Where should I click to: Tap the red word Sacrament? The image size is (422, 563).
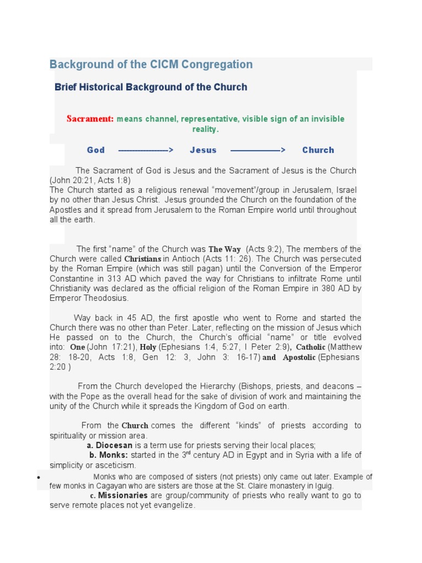[90, 119]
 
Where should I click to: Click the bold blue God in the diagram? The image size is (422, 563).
[96, 150]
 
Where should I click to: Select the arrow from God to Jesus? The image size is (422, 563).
[146, 150]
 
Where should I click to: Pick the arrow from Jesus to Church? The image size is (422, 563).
[258, 150]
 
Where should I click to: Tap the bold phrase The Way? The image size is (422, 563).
[225, 250]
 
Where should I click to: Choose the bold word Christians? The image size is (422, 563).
[143, 259]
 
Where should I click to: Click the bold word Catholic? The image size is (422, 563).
[311, 347]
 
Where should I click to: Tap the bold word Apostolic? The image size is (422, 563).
[299, 357]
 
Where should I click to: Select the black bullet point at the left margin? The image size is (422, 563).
[39, 478]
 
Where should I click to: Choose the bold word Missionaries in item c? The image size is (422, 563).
[123, 495]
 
